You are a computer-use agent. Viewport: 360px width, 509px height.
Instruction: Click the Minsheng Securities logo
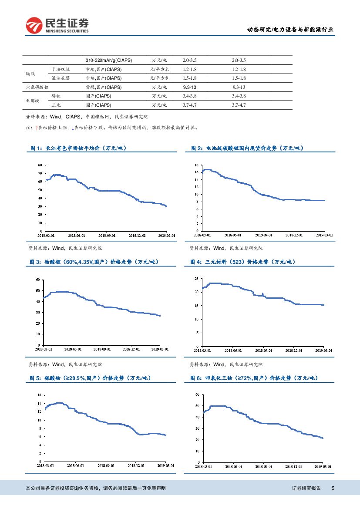[57, 25]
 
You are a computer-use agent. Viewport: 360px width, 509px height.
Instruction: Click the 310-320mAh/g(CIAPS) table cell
[109, 60]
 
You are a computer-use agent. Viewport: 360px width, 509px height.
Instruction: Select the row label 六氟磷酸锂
[36, 87]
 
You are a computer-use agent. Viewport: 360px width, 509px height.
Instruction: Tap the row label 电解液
[33, 101]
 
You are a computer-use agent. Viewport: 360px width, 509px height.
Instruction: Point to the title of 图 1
[78, 148]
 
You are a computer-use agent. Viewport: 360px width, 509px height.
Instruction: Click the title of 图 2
[247, 148]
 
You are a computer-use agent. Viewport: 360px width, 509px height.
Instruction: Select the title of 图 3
[94, 262]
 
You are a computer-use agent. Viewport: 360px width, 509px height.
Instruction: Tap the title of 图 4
[242, 262]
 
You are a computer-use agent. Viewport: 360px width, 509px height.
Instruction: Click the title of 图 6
[254, 378]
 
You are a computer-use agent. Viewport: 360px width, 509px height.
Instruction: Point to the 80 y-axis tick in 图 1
[40, 165]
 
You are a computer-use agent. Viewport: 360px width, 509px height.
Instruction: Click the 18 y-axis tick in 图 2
[196, 165]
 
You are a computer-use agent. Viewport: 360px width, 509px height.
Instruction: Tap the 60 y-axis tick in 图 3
[38, 279]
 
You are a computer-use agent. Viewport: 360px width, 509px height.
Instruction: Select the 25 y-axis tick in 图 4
[197, 278]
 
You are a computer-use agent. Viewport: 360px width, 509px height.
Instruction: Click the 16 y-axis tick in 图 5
[39, 395]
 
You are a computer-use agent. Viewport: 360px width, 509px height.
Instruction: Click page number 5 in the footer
[333, 489]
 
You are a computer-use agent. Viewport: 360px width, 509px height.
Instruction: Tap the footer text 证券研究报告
[306, 489]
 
